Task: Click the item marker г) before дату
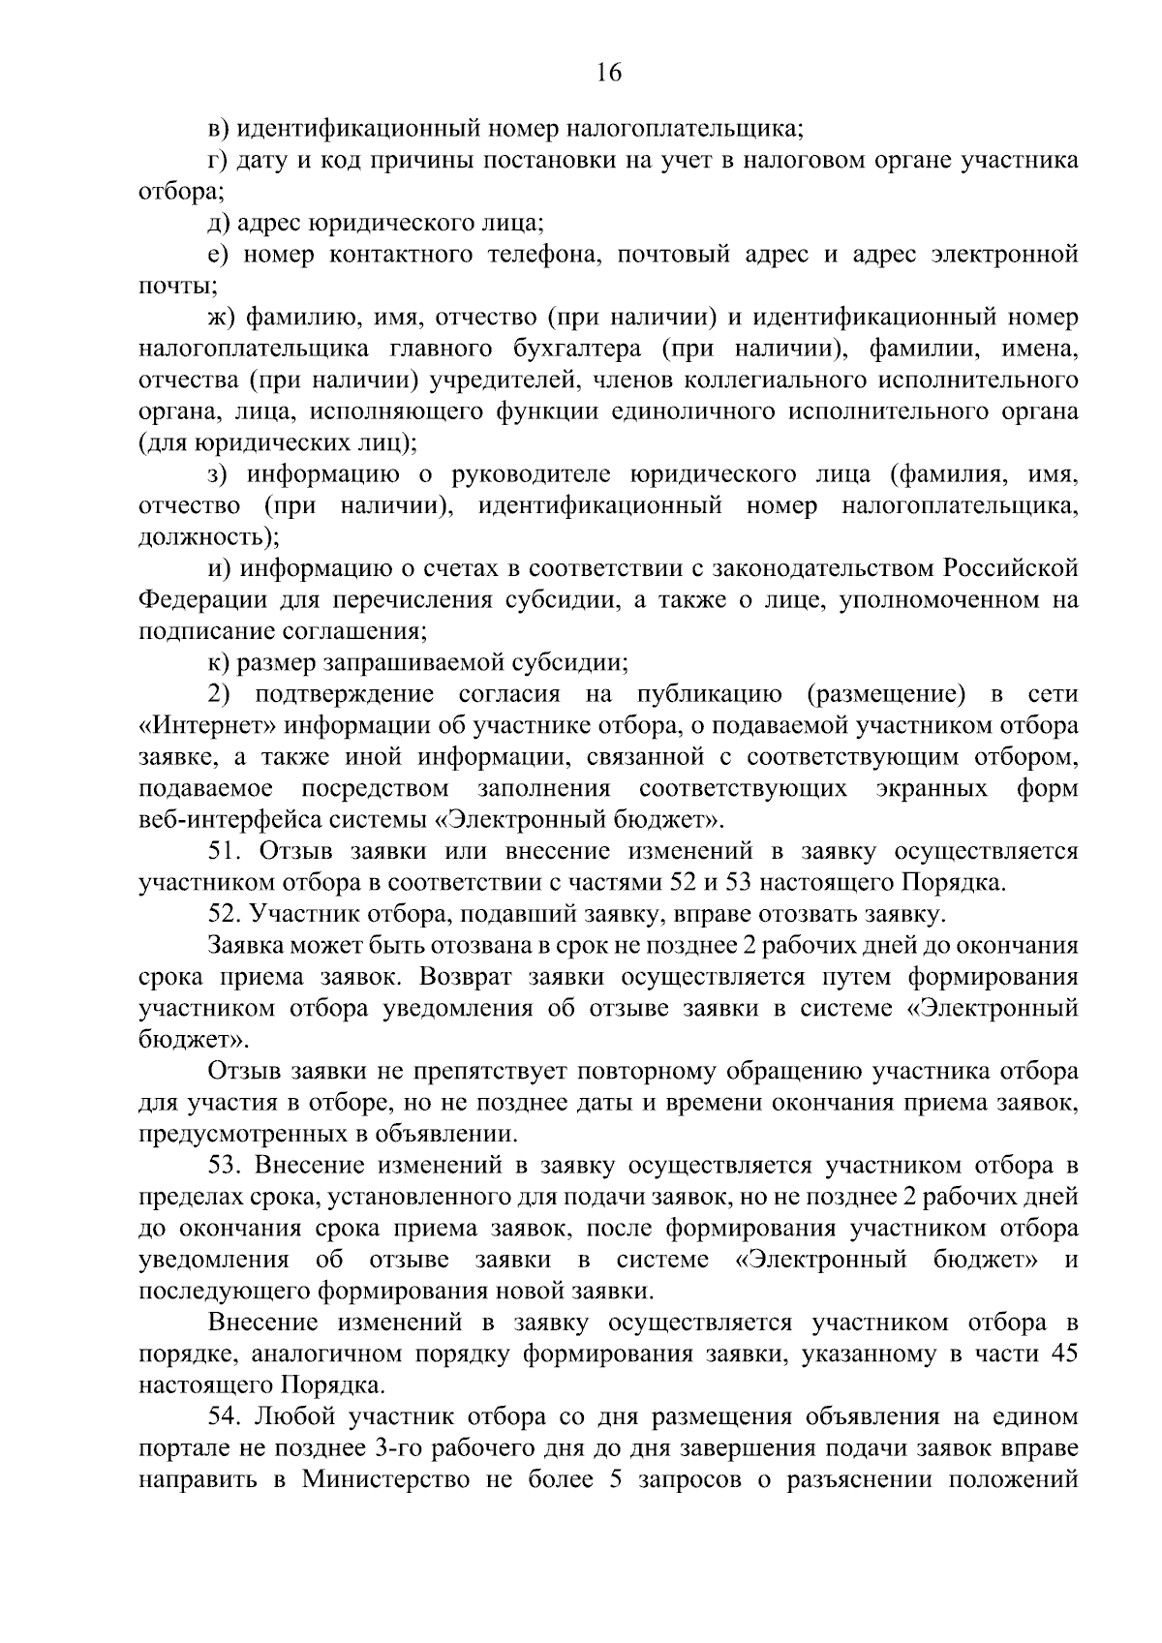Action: (218, 160)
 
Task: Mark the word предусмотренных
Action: (249, 1134)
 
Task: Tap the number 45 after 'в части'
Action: (1063, 1354)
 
